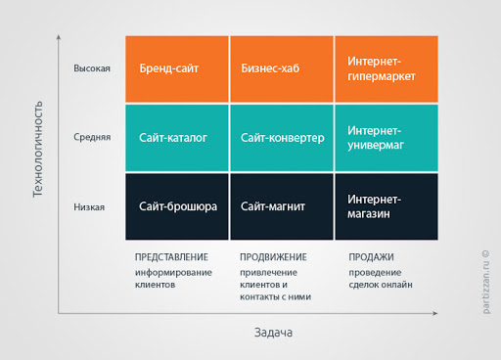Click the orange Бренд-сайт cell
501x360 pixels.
tap(176, 68)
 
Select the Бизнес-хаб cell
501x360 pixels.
tap(281, 68)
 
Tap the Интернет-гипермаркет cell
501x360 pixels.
tap(386, 68)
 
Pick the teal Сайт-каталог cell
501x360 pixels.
tap(176, 138)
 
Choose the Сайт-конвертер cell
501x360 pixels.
tap(281, 138)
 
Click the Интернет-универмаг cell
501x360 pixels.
tap(386, 138)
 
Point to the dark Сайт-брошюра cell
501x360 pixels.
tap(176, 206)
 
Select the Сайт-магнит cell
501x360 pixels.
tap(281, 206)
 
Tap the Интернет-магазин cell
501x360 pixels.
tap(386, 206)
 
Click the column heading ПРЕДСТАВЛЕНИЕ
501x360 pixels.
tap(175, 257)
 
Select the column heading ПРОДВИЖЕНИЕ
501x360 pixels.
tap(273, 257)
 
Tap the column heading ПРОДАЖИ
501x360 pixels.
tap(370, 257)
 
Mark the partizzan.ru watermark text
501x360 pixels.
tap(484, 284)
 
